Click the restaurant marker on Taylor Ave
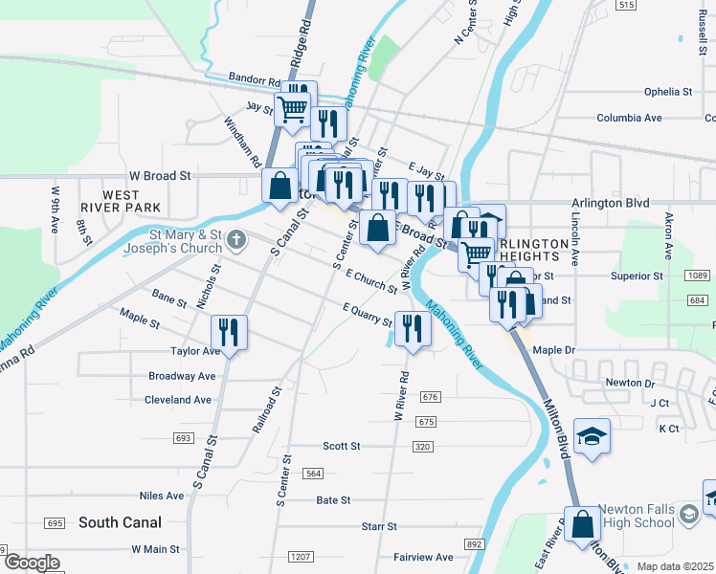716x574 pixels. (x=229, y=332)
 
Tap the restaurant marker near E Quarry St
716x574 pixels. (x=413, y=328)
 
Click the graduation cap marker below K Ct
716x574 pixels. (x=592, y=435)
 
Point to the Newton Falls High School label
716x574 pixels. (x=636, y=517)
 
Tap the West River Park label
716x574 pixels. (x=132, y=201)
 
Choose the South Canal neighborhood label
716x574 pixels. (x=120, y=522)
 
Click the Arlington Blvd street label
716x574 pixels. (x=610, y=203)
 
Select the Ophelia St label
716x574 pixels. (x=667, y=92)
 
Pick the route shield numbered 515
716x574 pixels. (x=626, y=6)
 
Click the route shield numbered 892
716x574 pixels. (x=474, y=543)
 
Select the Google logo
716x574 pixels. (x=32, y=563)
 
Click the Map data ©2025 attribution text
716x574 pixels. (x=675, y=566)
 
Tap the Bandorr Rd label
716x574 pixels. (x=254, y=79)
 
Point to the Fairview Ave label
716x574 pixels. (x=423, y=557)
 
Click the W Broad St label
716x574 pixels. (x=161, y=176)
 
